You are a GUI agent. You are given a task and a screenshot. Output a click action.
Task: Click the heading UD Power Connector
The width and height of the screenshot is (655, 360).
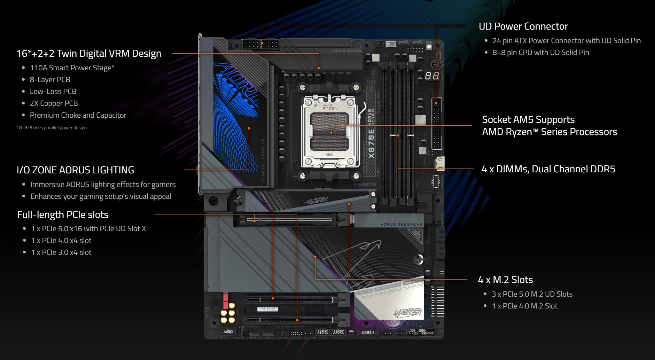point(523,26)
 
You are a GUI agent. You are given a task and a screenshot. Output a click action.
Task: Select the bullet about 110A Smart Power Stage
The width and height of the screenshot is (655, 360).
point(72,68)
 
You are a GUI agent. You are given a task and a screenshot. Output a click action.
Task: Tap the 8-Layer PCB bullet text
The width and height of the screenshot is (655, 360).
point(50,80)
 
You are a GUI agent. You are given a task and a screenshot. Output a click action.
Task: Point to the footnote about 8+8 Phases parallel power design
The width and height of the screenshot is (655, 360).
point(52,128)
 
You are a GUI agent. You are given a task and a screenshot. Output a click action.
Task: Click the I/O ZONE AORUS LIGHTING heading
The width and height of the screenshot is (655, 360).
point(75,170)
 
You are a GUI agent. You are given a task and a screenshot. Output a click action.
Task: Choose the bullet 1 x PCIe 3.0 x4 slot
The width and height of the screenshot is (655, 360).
point(61,252)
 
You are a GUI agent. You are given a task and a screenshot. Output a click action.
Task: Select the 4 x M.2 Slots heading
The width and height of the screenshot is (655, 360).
point(505,280)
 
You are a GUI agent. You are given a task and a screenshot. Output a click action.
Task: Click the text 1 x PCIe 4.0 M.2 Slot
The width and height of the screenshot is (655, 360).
point(524,306)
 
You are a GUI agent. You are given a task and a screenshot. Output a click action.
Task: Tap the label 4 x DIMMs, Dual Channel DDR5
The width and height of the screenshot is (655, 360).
point(548,169)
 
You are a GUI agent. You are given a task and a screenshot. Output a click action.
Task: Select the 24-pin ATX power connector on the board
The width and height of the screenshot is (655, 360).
point(437,124)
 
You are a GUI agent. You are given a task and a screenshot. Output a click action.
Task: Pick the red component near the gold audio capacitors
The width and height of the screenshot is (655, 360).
point(225,301)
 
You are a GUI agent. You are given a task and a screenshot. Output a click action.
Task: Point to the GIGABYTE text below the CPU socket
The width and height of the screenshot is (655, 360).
point(365,184)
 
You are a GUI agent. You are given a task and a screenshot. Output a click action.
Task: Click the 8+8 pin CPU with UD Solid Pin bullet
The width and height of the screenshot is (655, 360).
point(540,53)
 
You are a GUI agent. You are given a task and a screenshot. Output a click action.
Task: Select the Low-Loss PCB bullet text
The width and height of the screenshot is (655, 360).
point(53,92)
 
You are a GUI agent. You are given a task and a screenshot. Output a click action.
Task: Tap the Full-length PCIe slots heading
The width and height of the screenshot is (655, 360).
point(63,214)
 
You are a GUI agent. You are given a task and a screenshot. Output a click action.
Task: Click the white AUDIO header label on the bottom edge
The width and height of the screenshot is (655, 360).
point(228,332)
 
